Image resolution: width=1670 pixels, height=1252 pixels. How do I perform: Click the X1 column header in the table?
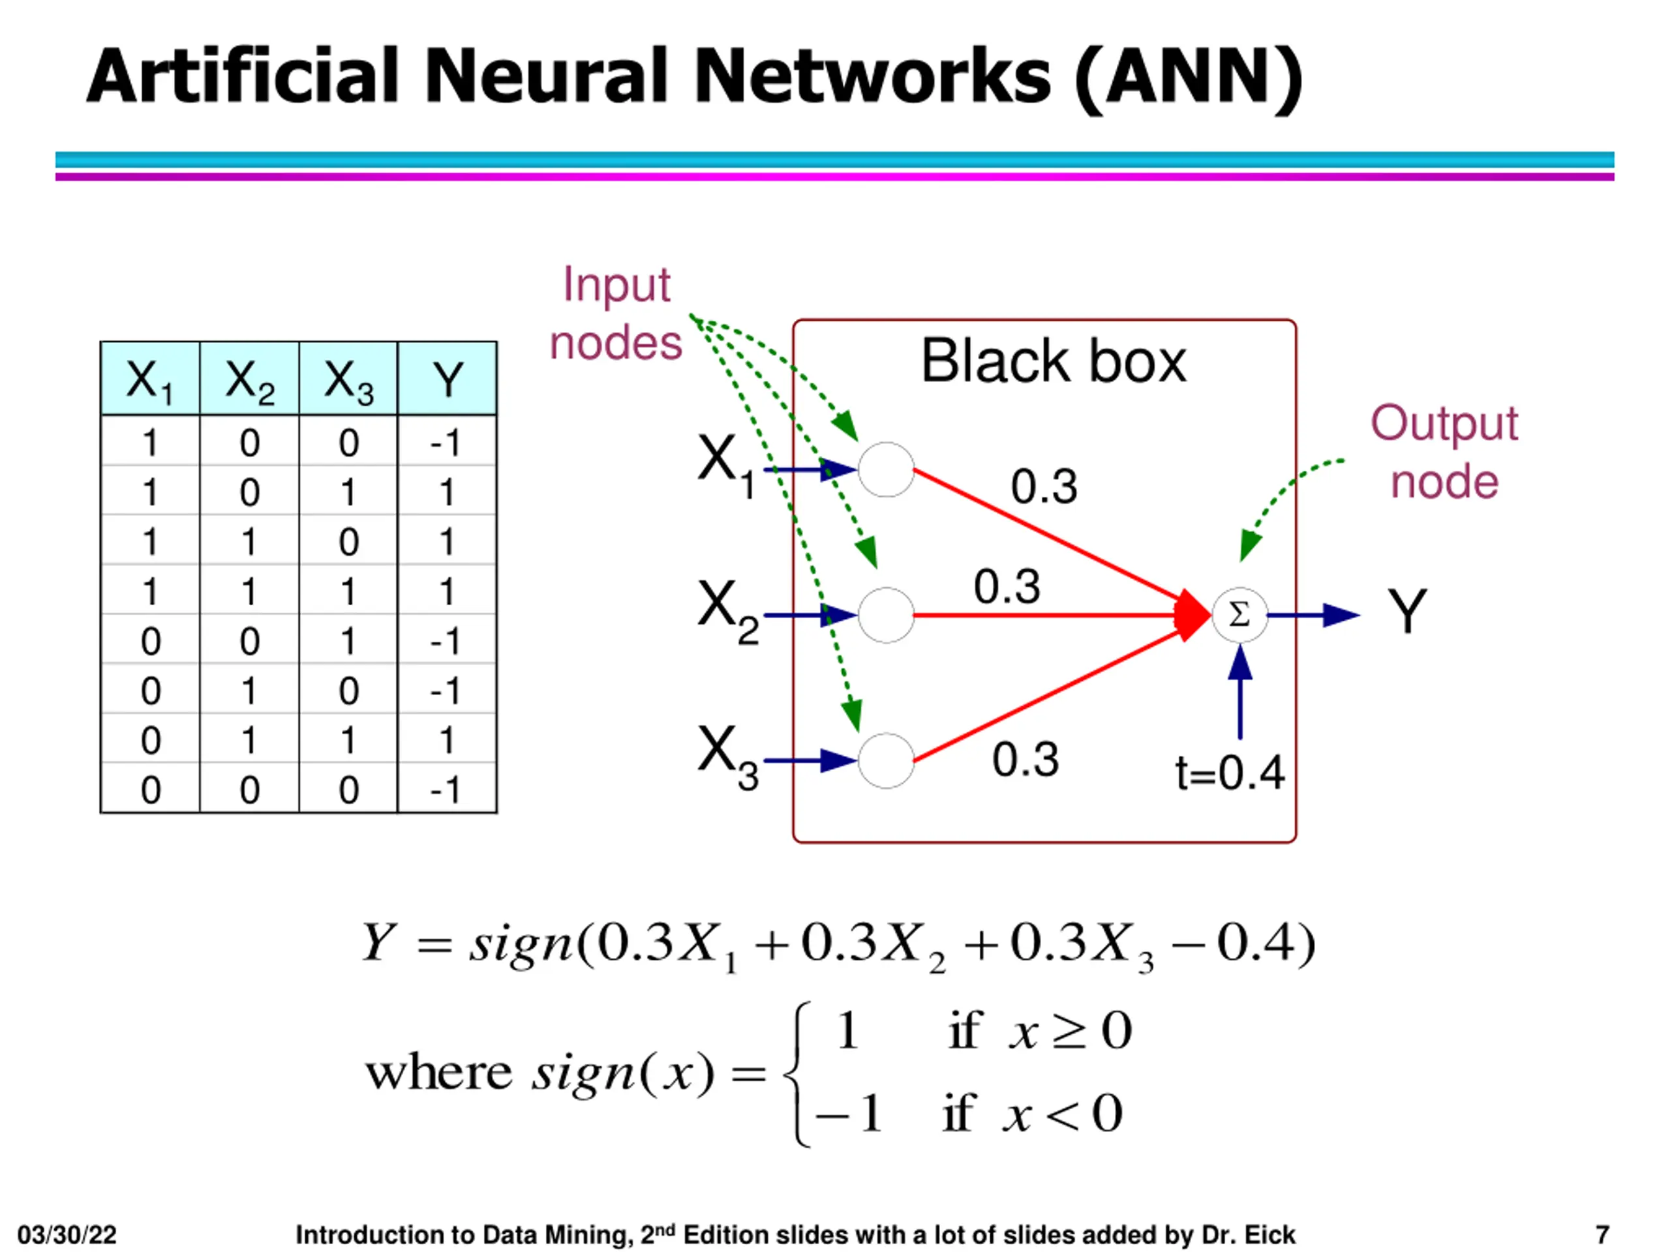click(150, 379)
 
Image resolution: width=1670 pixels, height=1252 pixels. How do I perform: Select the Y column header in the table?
click(447, 379)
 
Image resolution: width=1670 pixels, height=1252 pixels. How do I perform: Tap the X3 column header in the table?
click(348, 379)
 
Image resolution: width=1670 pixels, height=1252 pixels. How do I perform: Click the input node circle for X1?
click(887, 469)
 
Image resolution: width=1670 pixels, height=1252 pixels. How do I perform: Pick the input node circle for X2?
click(887, 615)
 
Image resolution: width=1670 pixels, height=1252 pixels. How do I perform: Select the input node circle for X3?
click(887, 761)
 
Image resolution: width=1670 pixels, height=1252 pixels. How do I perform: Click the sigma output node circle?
click(1239, 615)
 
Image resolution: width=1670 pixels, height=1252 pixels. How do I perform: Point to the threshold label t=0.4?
click(1230, 773)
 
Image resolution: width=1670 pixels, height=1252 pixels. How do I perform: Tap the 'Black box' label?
click(1053, 361)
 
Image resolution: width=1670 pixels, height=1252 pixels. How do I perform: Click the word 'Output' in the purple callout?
click(1444, 424)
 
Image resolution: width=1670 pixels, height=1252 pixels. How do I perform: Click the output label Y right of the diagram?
click(1407, 611)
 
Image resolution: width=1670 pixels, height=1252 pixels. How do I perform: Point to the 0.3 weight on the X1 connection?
click(1044, 486)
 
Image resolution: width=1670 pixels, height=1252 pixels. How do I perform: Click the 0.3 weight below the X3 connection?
click(1025, 759)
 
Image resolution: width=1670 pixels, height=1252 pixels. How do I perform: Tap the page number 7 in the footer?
click(1602, 1234)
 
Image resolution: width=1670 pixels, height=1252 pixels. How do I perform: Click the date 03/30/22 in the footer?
click(67, 1234)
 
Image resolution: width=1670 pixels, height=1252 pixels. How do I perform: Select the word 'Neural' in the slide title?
click(547, 76)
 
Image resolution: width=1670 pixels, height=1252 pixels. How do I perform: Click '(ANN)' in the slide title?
click(1187, 78)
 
